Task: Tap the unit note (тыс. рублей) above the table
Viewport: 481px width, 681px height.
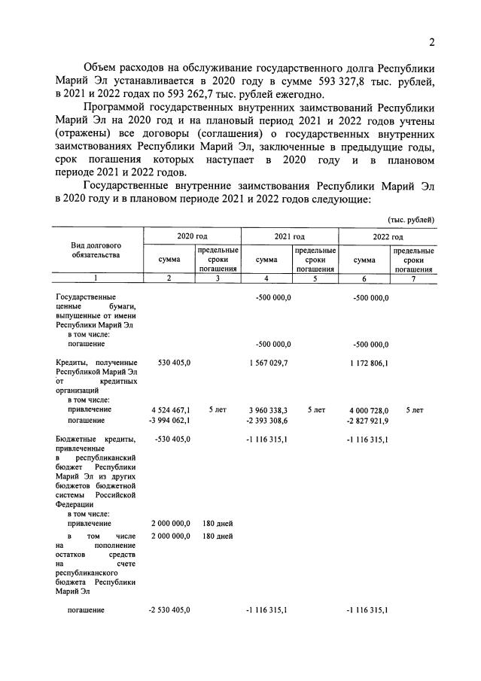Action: [411, 219]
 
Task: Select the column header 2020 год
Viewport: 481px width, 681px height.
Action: [192, 236]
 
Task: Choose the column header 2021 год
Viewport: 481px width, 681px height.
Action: [289, 236]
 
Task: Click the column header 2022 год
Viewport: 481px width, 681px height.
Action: [387, 236]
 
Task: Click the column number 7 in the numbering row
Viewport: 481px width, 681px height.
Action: [413, 278]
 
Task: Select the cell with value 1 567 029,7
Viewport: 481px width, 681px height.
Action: [268, 363]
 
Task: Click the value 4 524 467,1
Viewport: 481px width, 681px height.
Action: [170, 410]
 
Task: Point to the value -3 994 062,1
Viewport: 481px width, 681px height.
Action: [169, 421]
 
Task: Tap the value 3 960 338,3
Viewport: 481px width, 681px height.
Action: [268, 410]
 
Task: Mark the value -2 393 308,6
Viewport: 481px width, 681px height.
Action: [267, 421]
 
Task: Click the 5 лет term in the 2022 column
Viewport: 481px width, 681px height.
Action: [414, 410]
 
